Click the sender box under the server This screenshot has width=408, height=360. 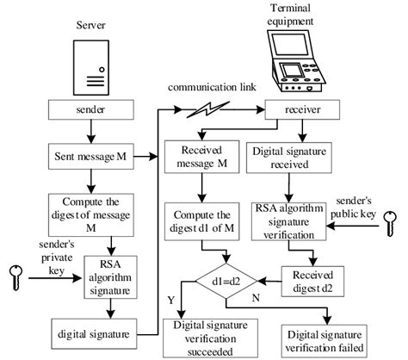[90, 111]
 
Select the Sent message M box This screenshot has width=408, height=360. [90, 157]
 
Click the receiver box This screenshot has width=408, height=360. [300, 110]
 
